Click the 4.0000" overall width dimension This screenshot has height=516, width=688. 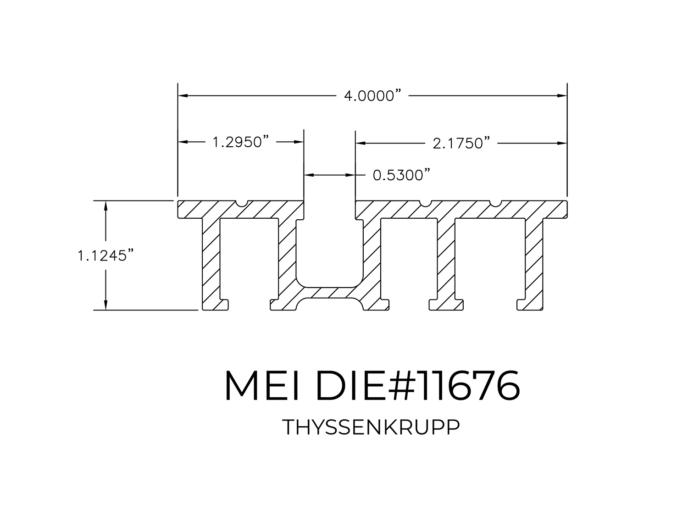pos(373,95)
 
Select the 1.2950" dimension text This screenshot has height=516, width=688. pos(241,142)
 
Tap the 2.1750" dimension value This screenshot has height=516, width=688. pos(461,144)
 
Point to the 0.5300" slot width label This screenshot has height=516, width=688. pos(401,175)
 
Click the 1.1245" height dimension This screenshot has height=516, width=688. pos(105,255)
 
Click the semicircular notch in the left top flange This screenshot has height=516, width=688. pos(241,203)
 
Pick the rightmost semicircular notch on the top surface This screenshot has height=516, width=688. pos(495,203)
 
